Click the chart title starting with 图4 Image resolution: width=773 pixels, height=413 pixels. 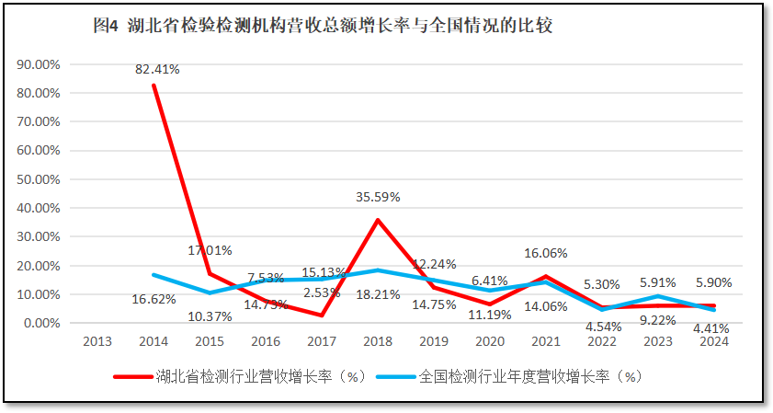click(x=323, y=27)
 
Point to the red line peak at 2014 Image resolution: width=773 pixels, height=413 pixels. click(x=153, y=86)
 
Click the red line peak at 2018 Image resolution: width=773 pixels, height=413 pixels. click(x=378, y=220)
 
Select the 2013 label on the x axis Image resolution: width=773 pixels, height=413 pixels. click(x=97, y=342)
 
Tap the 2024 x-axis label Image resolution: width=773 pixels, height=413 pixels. click(x=714, y=342)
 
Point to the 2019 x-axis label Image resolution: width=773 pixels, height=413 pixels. click(x=434, y=342)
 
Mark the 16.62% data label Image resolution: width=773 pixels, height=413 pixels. click(x=153, y=299)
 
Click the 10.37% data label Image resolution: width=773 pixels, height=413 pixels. click(x=210, y=316)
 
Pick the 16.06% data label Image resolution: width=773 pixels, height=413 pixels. click(x=546, y=253)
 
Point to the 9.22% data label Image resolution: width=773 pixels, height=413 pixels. click(x=657, y=319)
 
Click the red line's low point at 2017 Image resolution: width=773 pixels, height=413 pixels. click(x=322, y=315)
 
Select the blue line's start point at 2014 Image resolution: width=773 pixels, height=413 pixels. click(x=153, y=275)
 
